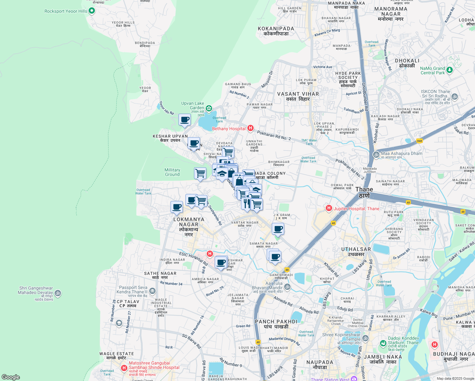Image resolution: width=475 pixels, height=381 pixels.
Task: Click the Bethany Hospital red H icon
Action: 251,128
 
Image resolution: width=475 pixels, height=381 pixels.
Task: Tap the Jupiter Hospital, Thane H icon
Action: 329,208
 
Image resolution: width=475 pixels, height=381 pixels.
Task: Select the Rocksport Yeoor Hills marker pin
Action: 92,11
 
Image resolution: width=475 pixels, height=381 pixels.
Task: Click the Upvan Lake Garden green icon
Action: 209,109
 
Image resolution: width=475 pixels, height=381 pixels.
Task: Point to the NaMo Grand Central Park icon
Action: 449,70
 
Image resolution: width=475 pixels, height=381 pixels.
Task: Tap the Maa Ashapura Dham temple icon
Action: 376,155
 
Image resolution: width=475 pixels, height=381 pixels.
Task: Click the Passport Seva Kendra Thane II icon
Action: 152,291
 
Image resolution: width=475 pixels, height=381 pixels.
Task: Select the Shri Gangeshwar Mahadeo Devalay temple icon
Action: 58,293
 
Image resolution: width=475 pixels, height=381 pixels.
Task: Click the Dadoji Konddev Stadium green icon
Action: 383,343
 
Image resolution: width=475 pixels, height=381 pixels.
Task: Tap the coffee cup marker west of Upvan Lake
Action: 184,120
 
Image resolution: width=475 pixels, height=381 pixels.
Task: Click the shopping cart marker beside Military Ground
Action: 200,173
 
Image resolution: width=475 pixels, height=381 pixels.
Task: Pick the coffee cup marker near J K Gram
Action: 278,229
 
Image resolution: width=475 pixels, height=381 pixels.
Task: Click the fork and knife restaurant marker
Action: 247,203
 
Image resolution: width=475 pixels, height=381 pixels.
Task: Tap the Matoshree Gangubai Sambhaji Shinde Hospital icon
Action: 124,368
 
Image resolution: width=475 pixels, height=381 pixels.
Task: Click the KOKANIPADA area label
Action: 276,31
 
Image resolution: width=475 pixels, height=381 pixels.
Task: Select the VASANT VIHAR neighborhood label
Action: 298,96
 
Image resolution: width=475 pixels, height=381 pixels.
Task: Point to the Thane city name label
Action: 364,192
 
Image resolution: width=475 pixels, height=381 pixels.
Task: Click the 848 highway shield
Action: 419,141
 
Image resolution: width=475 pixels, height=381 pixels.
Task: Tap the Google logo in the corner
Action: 10,377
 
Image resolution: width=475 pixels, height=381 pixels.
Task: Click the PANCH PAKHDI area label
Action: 276,324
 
